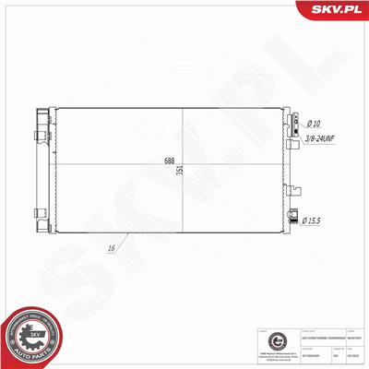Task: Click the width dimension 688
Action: pyautogui.click(x=169, y=160)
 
